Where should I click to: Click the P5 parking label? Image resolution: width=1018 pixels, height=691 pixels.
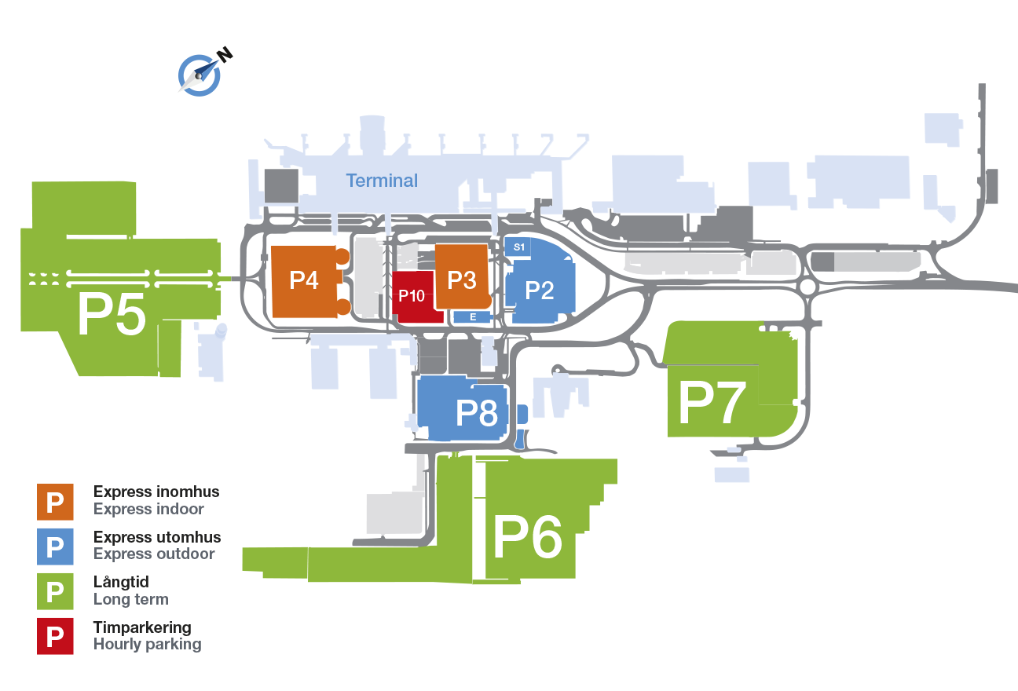click(112, 316)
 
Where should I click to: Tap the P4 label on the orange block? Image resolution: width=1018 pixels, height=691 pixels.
click(304, 280)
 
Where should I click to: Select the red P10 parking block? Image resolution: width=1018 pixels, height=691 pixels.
click(412, 297)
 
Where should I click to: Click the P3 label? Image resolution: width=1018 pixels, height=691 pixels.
click(462, 280)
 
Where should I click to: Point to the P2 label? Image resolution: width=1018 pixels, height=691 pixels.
click(540, 290)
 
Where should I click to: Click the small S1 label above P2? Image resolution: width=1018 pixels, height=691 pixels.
click(518, 247)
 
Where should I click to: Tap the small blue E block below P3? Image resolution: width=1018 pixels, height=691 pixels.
click(473, 317)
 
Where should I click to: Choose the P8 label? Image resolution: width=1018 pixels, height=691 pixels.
click(478, 411)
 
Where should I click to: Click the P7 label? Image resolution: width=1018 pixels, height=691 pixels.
click(711, 404)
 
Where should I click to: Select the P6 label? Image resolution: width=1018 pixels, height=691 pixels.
click(527, 539)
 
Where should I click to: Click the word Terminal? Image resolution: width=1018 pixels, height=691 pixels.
click(382, 181)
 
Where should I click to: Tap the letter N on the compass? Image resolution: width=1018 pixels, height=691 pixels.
click(225, 55)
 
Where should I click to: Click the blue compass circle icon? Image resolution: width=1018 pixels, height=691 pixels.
click(199, 75)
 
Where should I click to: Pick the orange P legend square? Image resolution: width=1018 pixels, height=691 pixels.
click(55, 502)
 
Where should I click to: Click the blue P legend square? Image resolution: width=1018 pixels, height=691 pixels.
click(55, 547)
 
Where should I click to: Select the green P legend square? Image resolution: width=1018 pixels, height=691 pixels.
click(55, 591)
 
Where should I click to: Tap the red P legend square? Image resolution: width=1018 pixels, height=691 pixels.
click(55, 637)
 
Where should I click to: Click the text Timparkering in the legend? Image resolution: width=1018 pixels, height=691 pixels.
click(142, 627)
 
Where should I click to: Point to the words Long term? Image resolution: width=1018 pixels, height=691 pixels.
click(130, 599)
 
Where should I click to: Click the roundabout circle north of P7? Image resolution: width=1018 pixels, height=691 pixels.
click(807, 287)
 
